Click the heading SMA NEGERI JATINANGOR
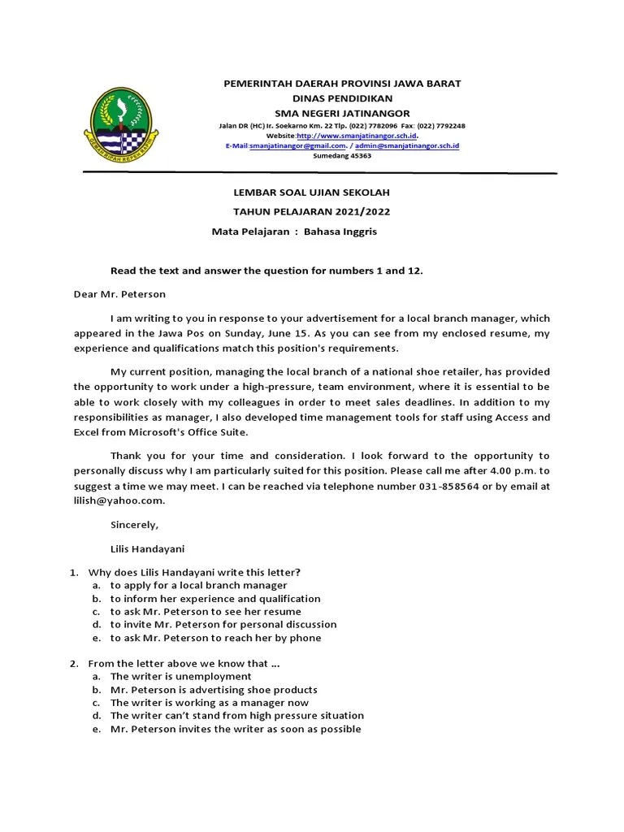pos(342,113)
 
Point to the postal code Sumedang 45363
pos(342,156)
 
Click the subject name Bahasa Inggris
pos(340,232)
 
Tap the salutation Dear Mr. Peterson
pos(119,294)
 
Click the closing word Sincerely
pos(135,525)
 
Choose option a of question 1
pos(198,585)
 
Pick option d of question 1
pos(223,624)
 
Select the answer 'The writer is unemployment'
pos(180,676)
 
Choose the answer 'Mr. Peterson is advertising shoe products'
pos(214,689)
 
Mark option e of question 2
pos(236,729)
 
